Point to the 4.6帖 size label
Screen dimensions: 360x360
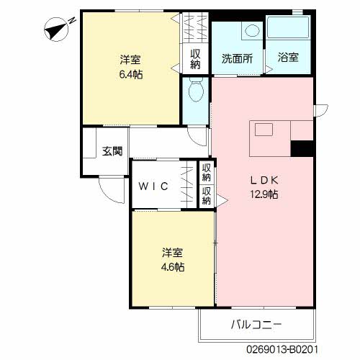point(174,266)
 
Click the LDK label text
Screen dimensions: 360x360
point(264,180)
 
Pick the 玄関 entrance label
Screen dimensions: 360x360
point(112,151)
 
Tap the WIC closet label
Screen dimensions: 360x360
point(154,186)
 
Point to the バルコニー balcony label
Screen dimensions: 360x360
point(256,325)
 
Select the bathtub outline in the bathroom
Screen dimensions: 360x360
point(289,30)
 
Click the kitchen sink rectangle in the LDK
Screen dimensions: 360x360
point(261,130)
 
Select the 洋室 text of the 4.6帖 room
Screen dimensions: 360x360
point(173,253)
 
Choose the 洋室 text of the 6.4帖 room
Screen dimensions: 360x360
point(130,60)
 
